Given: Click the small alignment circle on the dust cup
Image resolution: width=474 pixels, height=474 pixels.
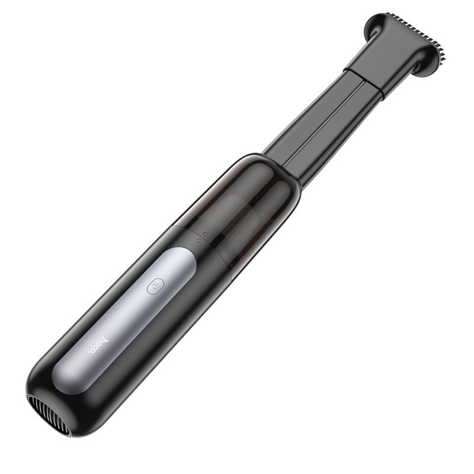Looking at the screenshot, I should pos(205,234).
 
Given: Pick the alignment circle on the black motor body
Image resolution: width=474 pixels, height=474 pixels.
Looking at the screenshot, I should pos(197,241).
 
